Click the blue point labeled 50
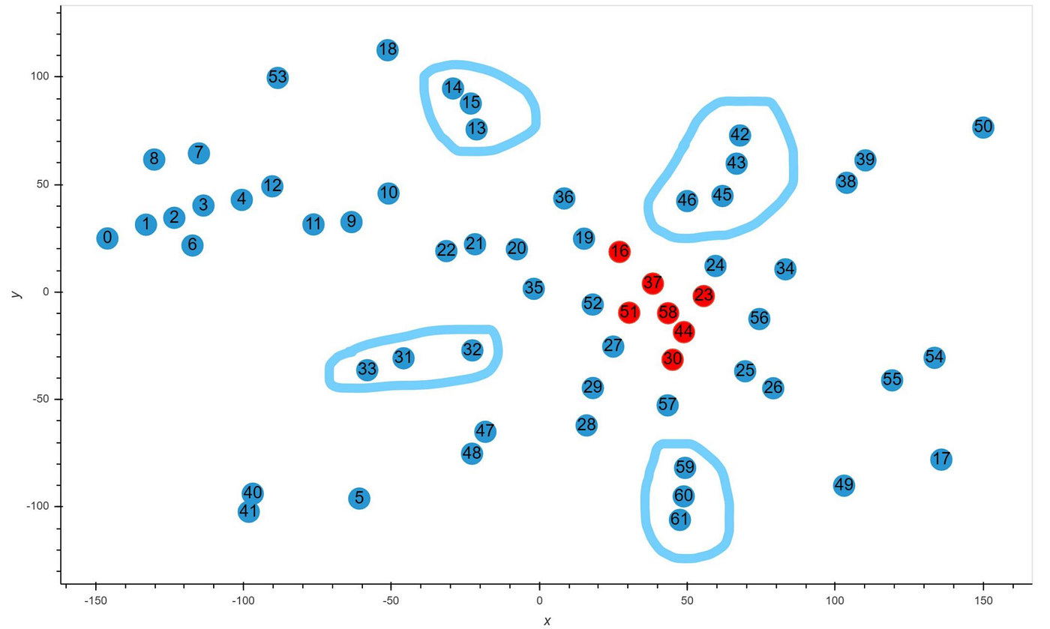(x=982, y=127)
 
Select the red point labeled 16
(x=619, y=251)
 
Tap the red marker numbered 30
(x=672, y=359)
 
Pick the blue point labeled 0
(x=107, y=238)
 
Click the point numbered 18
(x=387, y=50)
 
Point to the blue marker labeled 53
(x=277, y=77)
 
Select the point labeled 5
(x=359, y=498)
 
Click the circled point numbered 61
(x=679, y=520)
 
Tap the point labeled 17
(x=941, y=459)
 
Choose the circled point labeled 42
(x=739, y=135)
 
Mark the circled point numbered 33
(x=367, y=369)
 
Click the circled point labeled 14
(x=452, y=88)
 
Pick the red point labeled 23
(x=703, y=295)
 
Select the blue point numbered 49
(x=844, y=485)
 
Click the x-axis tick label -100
(x=242, y=601)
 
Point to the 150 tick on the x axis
(x=982, y=601)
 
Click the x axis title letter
(x=547, y=621)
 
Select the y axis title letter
(x=16, y=293)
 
